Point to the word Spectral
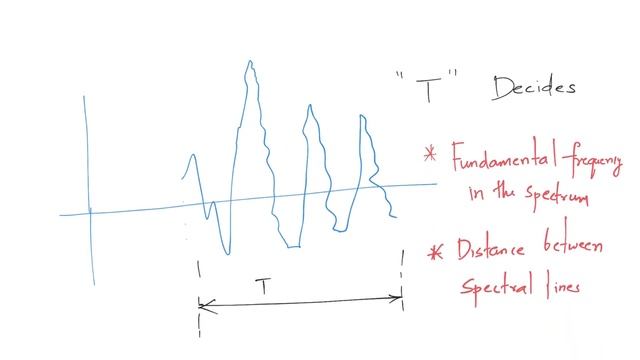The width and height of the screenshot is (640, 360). (x=497, y=287)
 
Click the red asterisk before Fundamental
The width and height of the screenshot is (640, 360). (x=431, y=155)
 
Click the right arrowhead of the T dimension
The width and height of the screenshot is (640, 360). (x=398, y=297)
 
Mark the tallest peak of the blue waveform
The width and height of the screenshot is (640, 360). (x=249, y=63)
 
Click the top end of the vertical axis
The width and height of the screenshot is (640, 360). (x=85, y=97)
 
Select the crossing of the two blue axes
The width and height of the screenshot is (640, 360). (x=90, y=211)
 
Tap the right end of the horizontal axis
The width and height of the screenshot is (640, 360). (x=436, y=184)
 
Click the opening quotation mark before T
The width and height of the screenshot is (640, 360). (x=399, y=79)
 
